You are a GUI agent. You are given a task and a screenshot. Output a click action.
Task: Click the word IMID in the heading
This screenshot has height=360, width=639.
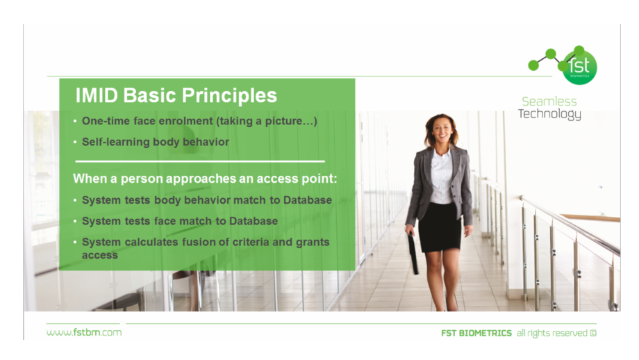point(97,95)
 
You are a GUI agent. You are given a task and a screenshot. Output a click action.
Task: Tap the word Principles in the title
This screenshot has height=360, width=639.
point(229,96)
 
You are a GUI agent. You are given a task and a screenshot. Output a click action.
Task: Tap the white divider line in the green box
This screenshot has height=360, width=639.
point(200,161)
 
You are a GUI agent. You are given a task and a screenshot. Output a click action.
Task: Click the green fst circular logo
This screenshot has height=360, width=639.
point(579,67)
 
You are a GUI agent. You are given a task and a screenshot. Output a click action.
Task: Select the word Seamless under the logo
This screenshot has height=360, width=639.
point(549,101)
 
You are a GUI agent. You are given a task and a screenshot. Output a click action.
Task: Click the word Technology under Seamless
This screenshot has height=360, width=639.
point(549,114)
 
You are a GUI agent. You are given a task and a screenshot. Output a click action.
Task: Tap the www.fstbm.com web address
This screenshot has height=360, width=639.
point(84,332)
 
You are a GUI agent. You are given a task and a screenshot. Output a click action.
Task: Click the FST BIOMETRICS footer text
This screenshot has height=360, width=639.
point(476,333)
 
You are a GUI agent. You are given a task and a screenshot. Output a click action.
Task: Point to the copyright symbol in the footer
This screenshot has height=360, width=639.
point(593,333)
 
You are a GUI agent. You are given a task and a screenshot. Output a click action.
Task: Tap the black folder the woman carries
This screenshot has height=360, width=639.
point(413,253)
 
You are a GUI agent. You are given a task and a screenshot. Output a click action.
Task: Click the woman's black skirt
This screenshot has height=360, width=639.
point(439,227)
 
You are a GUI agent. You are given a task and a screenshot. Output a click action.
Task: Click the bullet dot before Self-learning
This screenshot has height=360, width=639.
point(75,142)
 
